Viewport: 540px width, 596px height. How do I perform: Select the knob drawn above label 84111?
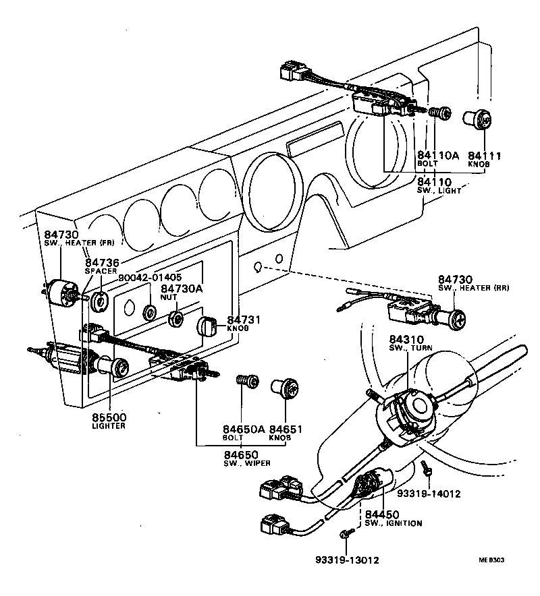478,121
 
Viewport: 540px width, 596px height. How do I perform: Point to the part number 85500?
109,417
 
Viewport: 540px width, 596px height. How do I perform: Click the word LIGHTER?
109,426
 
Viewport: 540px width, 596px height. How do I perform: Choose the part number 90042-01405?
150,277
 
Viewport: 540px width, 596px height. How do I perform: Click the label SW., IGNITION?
394,523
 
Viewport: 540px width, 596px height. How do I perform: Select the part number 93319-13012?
347,560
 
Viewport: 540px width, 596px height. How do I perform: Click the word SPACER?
101,270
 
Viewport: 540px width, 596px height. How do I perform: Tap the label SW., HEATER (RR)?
473,288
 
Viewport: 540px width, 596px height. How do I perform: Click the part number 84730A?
182,288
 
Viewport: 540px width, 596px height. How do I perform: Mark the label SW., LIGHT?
439,191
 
